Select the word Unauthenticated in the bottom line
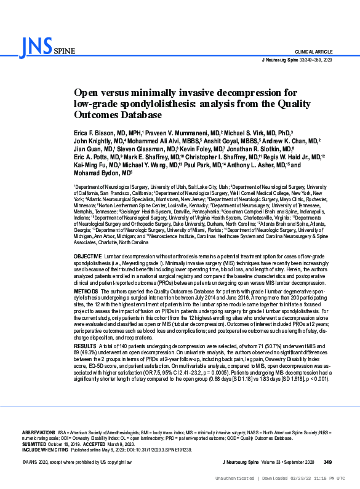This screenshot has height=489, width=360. [233, 478]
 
